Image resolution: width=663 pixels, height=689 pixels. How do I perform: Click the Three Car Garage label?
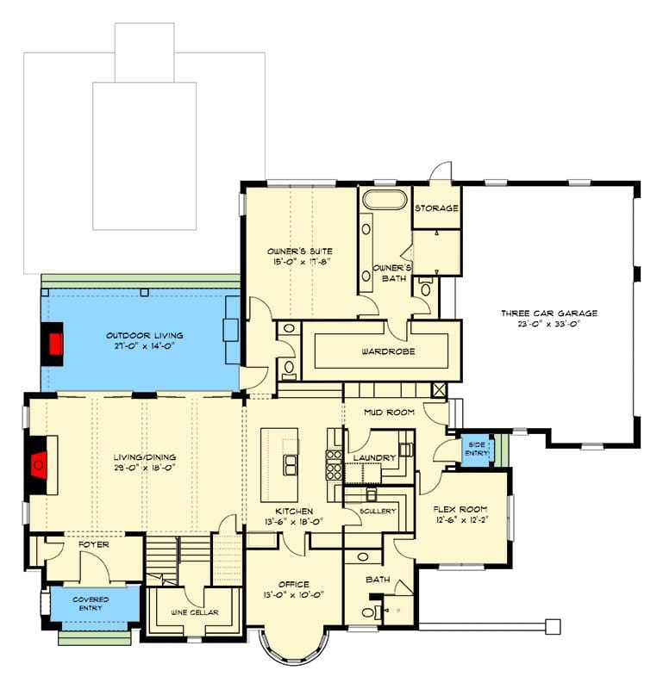click(x=549, y=313)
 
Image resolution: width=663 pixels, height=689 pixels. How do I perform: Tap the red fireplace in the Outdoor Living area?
click(x=55, y=344)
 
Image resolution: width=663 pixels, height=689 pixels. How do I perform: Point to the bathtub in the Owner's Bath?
click(x=384, y=201)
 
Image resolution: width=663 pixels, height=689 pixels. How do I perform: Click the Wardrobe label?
click(x=388, y=351)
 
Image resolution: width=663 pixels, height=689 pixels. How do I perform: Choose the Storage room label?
click(x=436, y=208)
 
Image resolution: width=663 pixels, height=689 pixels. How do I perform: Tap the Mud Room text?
click(x=389, y=413)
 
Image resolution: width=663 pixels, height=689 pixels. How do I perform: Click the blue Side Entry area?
click(x=477, y=450)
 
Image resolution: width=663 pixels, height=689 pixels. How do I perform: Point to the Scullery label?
click(x=378, y=511)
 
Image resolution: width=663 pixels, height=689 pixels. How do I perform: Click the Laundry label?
click(x=374, y=458)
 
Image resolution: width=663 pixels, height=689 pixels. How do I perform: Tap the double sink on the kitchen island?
click(x=290, y=465)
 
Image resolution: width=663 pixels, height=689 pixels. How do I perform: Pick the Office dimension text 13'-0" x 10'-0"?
click(x=294, y=594)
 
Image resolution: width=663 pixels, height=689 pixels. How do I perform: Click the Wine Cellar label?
click(x=195, y=612)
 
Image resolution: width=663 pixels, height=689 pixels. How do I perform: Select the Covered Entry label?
click(x=91, y=604)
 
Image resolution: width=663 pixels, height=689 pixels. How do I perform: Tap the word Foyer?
click(x=94, y=544)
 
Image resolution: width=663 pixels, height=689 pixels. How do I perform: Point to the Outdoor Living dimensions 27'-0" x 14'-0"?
click(x=144, y=345)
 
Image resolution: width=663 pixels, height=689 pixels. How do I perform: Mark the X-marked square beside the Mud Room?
click(x=439, y=390)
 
